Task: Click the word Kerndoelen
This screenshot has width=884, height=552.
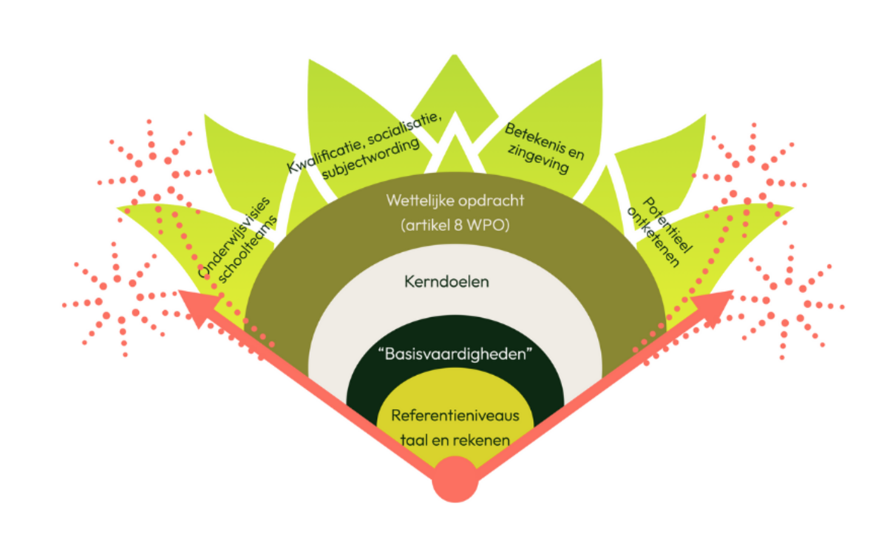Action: (x=446, y=281)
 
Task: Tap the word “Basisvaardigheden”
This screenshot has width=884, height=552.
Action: (x=455, y=354)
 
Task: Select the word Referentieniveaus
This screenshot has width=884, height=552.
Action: (x=455, y=416)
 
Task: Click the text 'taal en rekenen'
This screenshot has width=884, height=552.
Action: (x=455, y=440)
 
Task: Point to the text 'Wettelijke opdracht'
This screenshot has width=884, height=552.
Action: (x=455, y=201)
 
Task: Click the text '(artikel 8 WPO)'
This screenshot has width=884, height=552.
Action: (x=455, y=226)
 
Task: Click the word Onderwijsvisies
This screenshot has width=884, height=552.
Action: (x=234, y=237)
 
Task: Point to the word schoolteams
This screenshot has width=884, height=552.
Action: (x=247, y=250)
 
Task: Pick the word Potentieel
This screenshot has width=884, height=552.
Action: (x=668, y=224)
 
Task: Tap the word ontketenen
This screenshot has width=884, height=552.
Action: (x=653, y=237)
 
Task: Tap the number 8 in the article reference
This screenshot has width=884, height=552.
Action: (x=458, y=226)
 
